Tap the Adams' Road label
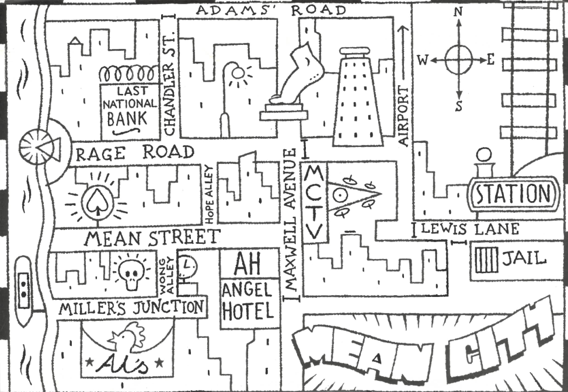(270, 10)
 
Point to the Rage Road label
(135, 153)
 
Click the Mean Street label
(152, 237)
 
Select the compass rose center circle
(459, 60)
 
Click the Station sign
(512, 194)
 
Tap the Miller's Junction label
(132, 307)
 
